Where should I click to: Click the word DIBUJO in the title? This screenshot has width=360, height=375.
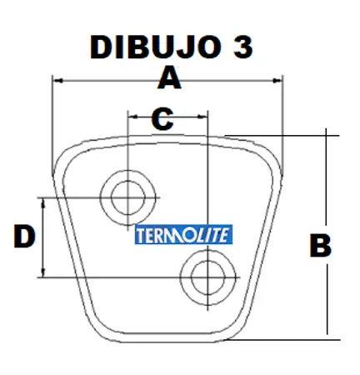pos(156,47)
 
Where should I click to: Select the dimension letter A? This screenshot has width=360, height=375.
pos(169,77)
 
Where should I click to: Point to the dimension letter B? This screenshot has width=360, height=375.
pos(321,246)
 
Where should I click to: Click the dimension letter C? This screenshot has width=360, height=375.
pos(162,119)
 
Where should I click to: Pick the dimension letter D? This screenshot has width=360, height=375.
pos(24,237)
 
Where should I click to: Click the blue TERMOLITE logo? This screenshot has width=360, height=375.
pos(183,234)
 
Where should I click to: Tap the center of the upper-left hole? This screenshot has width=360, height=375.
pos(127,197)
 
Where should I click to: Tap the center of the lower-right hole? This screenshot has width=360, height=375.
pos(207,277)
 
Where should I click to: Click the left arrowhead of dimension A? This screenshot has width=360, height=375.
pos(57,81)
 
